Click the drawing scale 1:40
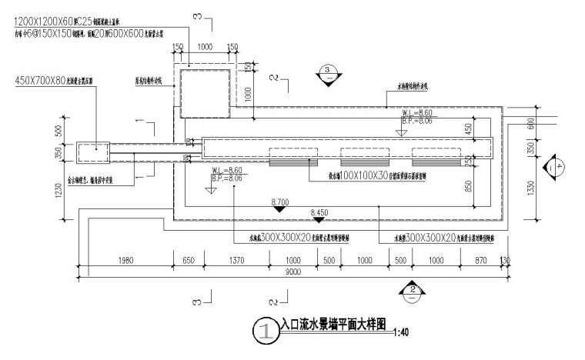click(x=399, y=332)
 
